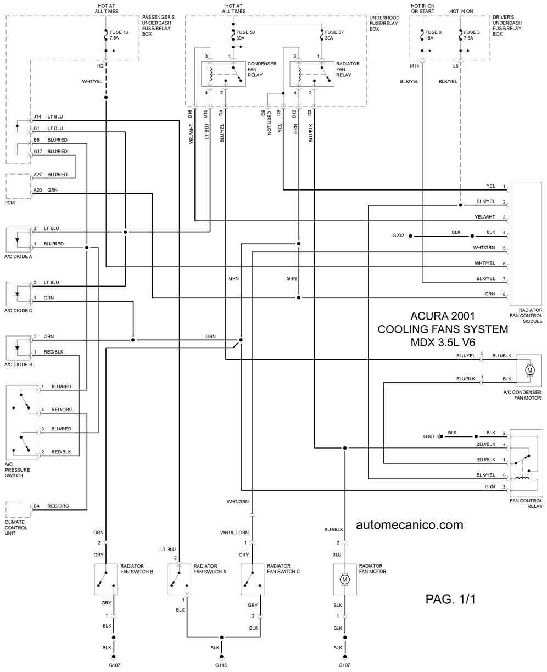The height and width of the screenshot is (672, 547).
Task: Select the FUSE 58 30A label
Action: pyautogui.click(x=245, y=36)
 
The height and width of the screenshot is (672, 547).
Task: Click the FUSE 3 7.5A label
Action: pyautogui.click(x=471, y=36)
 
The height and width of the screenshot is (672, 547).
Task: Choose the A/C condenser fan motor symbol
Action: pyautogui.click(x=530, y=370)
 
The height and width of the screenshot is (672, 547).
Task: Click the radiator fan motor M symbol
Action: pyautogui.click(x=345, y=579)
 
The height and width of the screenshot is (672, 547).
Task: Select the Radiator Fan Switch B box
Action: pyautogui.click(x=106, y=579)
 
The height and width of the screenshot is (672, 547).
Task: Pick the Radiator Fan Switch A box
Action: pyautogui.click(x=178, y=579)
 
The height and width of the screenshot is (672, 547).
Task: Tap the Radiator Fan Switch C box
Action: pyautogui.click(x=252, y=579)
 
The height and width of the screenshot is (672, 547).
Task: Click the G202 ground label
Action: pyautogui.click(x=398, y=236)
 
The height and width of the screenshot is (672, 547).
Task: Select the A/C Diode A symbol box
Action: pyautogui.click(x=19, y=239)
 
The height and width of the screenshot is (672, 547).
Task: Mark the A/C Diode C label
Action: pyautogui.click(x=18, y=311)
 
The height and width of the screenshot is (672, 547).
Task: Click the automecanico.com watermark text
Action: pyautogui.click(x=409, y=524)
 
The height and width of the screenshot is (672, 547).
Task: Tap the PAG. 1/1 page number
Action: pyautogui.click(x=450, y=599)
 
